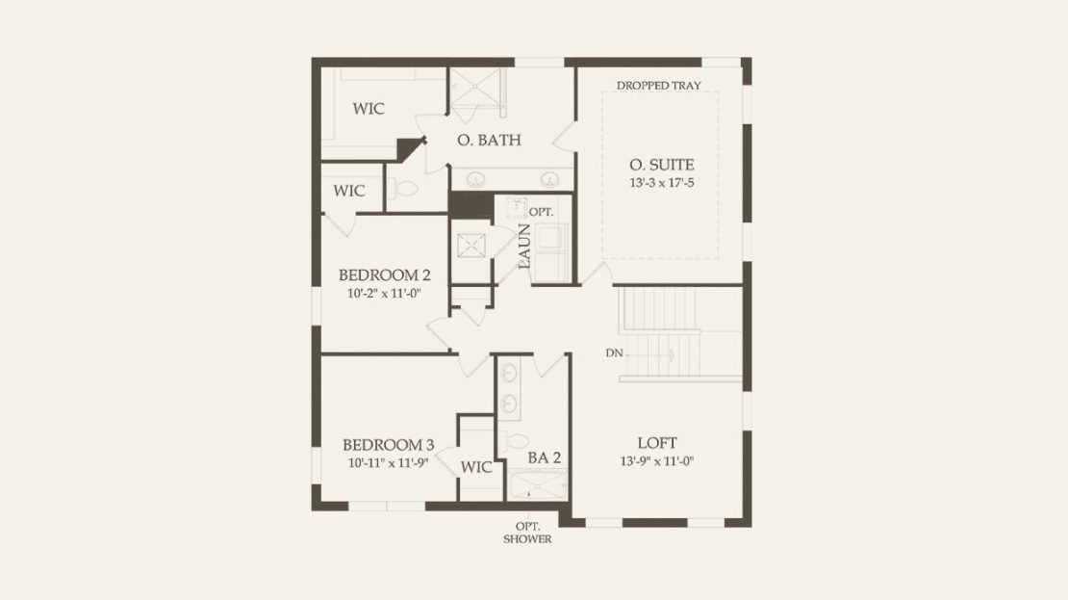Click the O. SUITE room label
pos(661,165)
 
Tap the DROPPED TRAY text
pos(659,85)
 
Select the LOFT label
pos(656,443)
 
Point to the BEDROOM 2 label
pos(384,275)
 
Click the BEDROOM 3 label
pos(388,445)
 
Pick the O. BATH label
pos(489,141)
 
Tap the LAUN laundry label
pos(523,247)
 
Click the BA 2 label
pos(545,458)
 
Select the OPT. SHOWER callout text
pos(527,533)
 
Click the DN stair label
pos(614,353)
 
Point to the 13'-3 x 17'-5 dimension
pos(661,183)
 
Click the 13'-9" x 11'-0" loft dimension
pos(656,461)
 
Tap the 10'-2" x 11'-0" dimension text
pos(384,294)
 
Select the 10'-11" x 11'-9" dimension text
pos(388,463)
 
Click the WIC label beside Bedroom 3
pos(475,468)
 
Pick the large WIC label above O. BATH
pos(368,109)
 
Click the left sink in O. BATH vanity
pos(474,179)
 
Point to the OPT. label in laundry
pos(541,212)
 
